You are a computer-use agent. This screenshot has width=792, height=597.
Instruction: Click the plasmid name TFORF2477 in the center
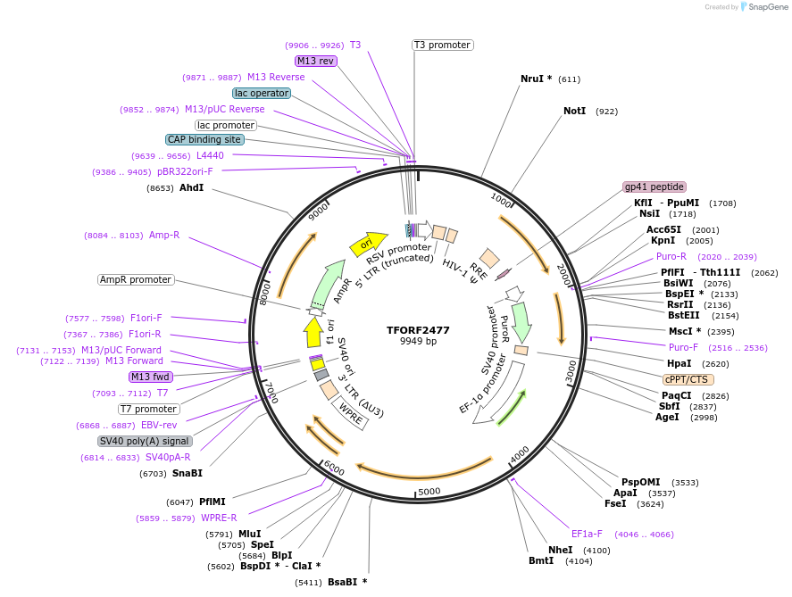[418, 329]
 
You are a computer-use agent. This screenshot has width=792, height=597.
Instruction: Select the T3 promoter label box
[442, 45]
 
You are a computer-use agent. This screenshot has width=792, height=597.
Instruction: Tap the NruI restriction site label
[536, 79]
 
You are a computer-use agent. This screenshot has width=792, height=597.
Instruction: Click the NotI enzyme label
[574, 112]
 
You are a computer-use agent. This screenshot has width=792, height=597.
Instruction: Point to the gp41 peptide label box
[654, 187]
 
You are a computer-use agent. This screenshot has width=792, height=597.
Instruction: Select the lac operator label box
[261, 93]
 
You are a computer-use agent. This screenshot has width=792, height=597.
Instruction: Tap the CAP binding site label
[204, 139]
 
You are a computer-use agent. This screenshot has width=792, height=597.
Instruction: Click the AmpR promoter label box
[136, 279]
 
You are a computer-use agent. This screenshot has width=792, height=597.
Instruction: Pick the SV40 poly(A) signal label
[145, 441]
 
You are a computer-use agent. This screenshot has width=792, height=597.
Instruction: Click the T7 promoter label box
[148, 409]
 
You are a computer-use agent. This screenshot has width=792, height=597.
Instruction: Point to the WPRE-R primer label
[219, 518]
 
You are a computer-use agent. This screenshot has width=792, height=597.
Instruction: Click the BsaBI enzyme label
[347, 582]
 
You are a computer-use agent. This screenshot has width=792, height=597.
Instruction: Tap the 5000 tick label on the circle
[429, 491]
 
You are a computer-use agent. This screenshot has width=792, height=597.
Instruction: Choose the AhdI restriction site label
[191, 188]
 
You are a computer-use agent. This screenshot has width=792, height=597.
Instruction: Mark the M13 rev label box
[316, 61]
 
